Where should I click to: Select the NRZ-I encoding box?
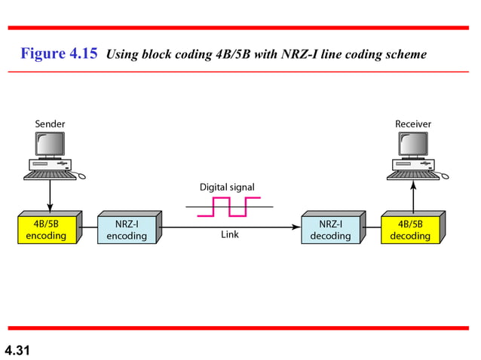pos(127,230)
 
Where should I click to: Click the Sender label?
pos(50,123)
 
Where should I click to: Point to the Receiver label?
pos(413,123)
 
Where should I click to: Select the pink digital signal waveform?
pos(228,206)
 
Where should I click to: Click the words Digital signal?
pos(227,186)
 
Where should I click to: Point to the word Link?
pos(229,235)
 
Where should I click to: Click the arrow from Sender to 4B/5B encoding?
pos(50,196)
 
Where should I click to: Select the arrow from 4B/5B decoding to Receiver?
pos(413,197)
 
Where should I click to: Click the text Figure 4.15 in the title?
pos(59,54)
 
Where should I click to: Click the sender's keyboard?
pos(50,175)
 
